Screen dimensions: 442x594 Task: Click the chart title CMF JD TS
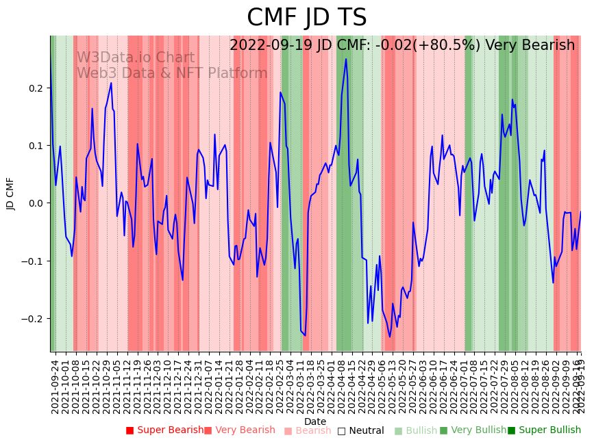tap(306, 18)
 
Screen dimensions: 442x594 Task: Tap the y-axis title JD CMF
tap(10, 194)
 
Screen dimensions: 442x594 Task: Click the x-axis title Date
tap(315, 421)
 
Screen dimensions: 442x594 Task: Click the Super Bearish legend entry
tap(164, 430)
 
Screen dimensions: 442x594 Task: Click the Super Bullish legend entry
tap(544, 430)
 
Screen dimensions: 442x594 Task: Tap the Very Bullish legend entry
tap(473, 430)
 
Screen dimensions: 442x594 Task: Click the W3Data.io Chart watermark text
tap(135, 58)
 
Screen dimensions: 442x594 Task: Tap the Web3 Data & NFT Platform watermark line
tap(171, 73)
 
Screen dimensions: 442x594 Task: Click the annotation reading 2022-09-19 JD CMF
tap(402, 46)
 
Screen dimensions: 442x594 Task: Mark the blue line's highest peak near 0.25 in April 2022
tap(346, 60)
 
